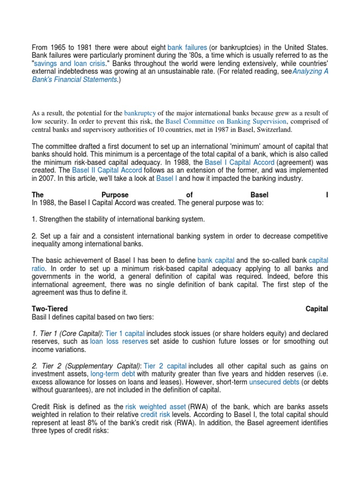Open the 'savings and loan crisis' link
pyautogui.click(x=60, y=63)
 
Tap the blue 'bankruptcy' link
pyautogui.click(x=140, y=113)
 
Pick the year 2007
pyautogui.click(x=44, y=178)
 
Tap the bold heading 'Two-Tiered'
pyautogui.click(x=50, y=308)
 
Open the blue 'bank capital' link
pyautogui.click(x=216, y=260)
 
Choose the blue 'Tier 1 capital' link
pyautogui.click(x=125, y=333)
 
